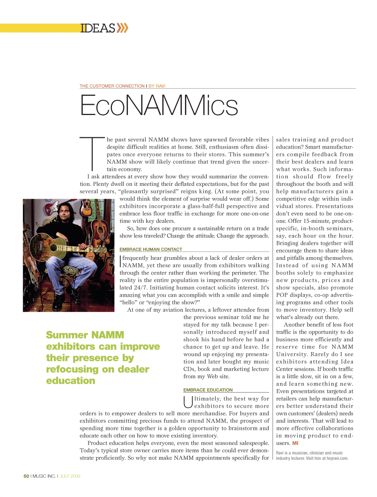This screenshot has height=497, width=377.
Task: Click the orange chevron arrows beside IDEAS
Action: tap(122, 28)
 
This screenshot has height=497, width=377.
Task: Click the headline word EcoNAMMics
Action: tap(159, 105)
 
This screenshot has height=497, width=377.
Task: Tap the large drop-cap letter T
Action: tap(92, 153)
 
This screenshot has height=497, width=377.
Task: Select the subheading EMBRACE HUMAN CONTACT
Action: tap(151, 249)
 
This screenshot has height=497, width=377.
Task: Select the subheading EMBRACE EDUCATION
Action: tap(208, 390)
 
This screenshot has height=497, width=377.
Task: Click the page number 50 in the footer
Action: tap(26, 476)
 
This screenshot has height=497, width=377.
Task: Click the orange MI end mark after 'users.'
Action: tap(295, 443)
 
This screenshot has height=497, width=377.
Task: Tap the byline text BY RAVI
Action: tap(157, 86)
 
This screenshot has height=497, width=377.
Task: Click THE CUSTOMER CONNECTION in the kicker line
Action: tap(112, 86)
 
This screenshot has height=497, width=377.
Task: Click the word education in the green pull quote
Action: tap(70, 380)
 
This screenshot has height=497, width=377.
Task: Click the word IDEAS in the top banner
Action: tap(98, 28)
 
